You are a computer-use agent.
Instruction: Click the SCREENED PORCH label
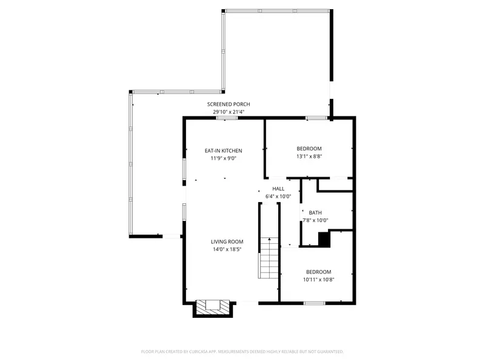(x=228, y=104)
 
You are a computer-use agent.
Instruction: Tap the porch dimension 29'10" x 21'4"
(x=228, y=112)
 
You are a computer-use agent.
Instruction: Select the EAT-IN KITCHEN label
(x=223, y=150)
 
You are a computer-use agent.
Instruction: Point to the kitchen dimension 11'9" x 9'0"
(x=223, y=158)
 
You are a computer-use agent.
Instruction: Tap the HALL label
(x=278, y=189)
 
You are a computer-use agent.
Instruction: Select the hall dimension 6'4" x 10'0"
(x=278, y=197)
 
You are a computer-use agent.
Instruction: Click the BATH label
(x=315, y=212)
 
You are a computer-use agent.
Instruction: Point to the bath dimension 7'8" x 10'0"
(x=315, y=220)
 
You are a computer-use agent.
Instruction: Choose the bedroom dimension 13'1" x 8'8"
(x=309, y=156)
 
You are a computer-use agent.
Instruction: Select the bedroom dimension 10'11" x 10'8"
(x=319, y=280)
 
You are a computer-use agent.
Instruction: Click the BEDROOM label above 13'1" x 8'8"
(x=309, y=149)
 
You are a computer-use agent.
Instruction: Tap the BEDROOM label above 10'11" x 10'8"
(x=319, y=272)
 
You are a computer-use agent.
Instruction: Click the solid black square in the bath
(x=324, y=240)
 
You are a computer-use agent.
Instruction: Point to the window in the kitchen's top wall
(x=227, y=118)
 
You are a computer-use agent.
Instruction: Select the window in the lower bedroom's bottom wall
(x=314, y=303)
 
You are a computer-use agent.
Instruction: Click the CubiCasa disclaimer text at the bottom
(x=242, y=351)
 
